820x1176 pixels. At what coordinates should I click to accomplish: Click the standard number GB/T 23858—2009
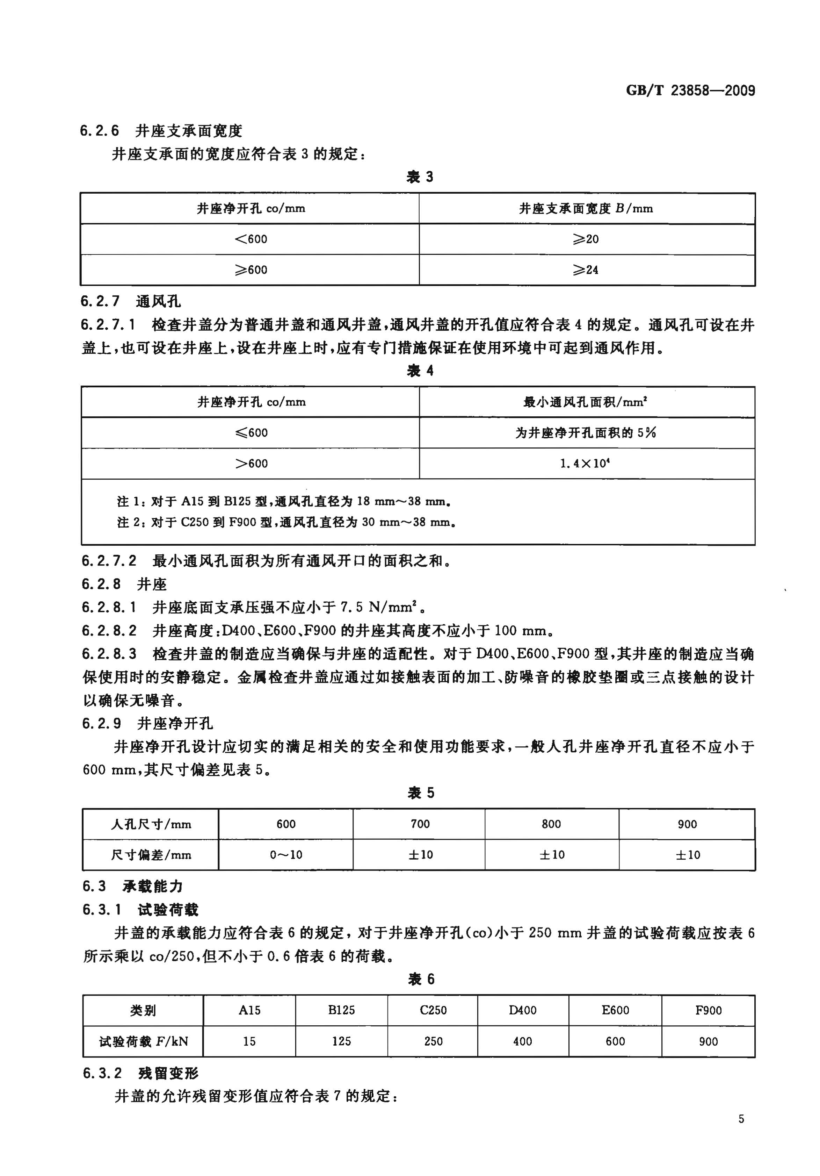coord(690,91)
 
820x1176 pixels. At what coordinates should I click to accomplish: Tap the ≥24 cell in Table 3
coord(586,270)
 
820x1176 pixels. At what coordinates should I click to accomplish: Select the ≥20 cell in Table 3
coord(586,239)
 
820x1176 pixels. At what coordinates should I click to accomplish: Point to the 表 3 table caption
coord(419,177)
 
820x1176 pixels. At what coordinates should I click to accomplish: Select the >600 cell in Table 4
coord(251,464)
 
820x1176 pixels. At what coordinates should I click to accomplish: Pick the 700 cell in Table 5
coord(420,824)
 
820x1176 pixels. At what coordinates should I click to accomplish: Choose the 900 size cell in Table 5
coord(687,824)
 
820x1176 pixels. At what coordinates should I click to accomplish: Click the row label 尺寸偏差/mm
coord(151,855)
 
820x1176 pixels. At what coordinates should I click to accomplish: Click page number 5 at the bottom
coord(741,1119)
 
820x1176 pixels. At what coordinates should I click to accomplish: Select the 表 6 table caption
coord(421,979)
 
